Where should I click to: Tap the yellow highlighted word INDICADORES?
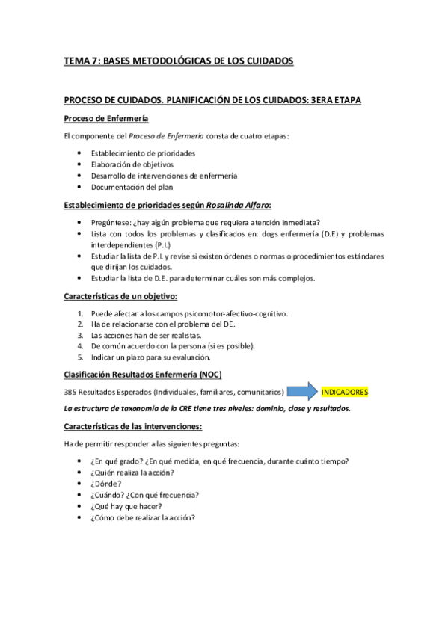345,392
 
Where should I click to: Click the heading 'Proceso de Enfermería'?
105,119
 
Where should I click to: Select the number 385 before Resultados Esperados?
71,392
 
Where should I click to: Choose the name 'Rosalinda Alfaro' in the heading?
238,204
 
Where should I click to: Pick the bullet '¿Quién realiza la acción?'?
132,471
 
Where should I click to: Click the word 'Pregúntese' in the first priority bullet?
111,222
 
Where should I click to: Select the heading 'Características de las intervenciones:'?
132,426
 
